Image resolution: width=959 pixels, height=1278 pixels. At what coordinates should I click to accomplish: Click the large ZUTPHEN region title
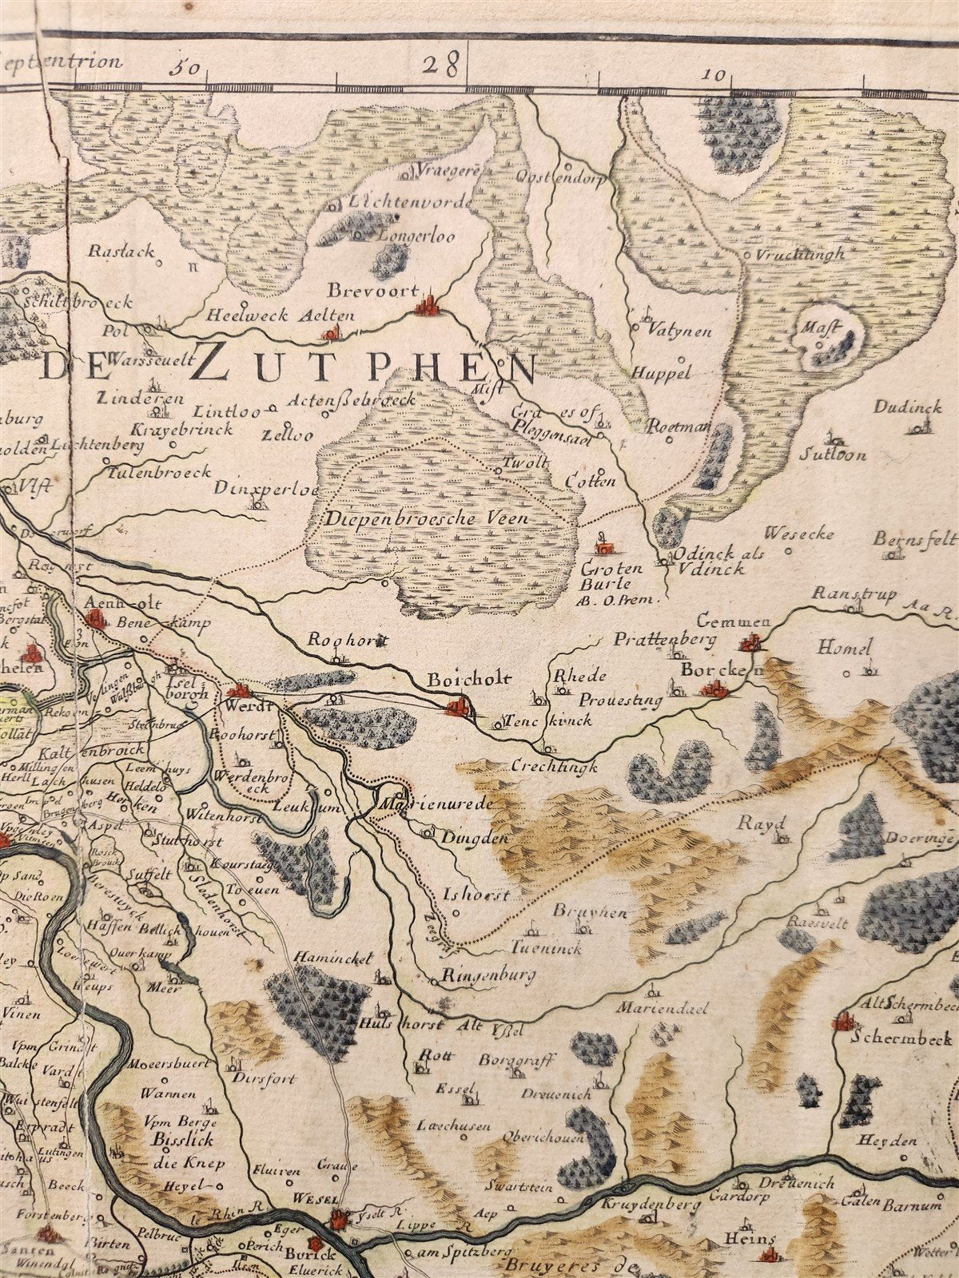coord(364,367)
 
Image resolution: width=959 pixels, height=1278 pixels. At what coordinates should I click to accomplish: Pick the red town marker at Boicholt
coord(459,706)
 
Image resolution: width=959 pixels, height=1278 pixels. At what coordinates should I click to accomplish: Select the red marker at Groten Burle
coord(606,547)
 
